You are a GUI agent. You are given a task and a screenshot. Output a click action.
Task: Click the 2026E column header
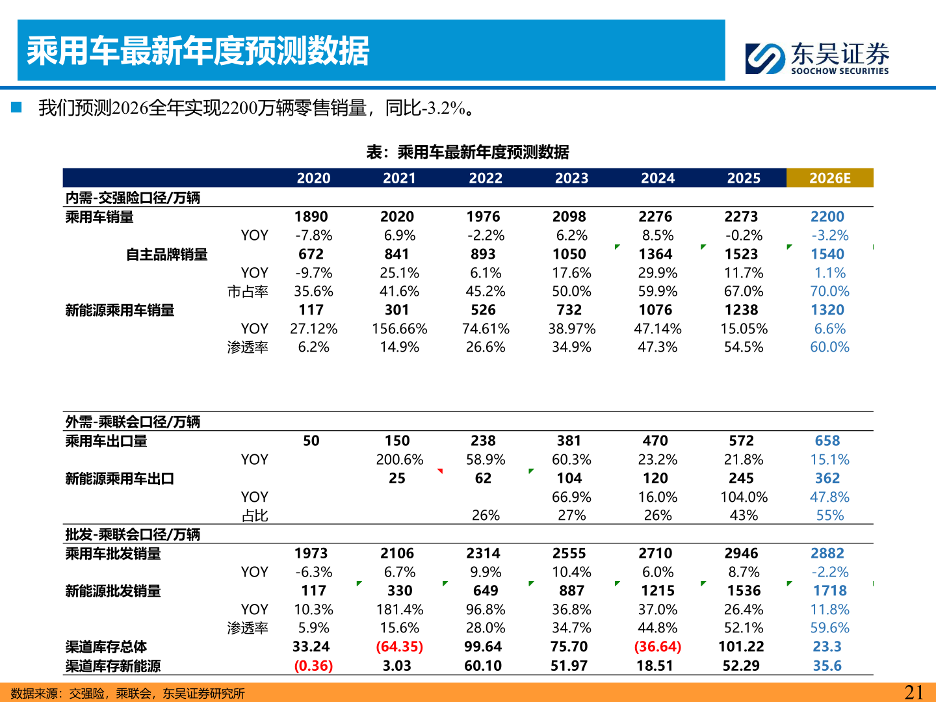829,178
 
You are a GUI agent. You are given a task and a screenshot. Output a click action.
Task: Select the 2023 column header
571,178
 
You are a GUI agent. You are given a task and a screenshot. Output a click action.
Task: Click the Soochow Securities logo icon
765,58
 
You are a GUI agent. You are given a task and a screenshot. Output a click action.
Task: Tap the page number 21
914,692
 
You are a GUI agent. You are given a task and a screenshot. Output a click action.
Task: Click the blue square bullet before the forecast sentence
16,107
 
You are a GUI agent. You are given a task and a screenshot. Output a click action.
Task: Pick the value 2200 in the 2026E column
827,216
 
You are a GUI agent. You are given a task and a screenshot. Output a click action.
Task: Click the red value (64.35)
399,647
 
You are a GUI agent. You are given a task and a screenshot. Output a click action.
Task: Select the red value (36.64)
657,647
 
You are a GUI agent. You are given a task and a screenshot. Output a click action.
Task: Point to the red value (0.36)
313,666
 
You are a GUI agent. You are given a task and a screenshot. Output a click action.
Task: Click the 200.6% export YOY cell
399,460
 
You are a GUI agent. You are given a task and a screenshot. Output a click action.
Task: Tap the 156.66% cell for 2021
399,329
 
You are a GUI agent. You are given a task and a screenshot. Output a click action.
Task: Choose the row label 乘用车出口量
106,441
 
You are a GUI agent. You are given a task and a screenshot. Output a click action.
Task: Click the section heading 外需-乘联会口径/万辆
133,422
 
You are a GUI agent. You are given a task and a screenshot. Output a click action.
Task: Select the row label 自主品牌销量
166,254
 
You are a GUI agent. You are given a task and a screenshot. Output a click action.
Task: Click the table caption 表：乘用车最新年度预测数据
467,152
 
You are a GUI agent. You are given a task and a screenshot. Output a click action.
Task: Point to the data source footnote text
127,694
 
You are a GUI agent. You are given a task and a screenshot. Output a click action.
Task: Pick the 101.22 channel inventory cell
741,647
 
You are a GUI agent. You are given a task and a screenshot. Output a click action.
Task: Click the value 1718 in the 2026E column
829,591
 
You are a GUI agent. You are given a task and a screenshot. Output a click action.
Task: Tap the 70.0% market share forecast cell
829,291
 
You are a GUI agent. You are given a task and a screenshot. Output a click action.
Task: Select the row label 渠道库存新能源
112,666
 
